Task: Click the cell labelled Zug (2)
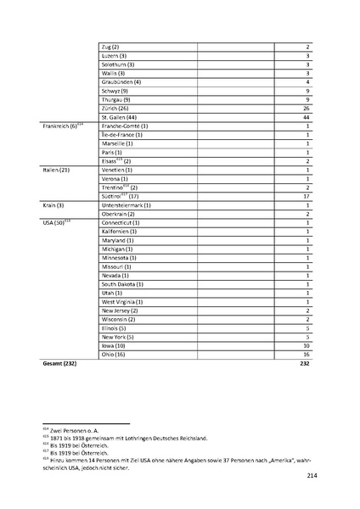click(110, 46)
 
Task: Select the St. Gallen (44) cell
click(119, 116)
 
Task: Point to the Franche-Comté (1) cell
click(127, 126)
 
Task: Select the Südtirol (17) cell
click(121, 196)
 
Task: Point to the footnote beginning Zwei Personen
click(78, 431)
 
